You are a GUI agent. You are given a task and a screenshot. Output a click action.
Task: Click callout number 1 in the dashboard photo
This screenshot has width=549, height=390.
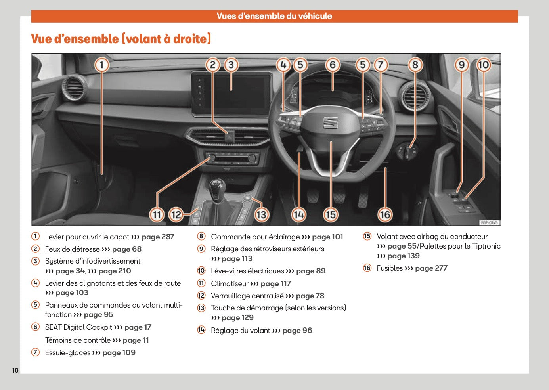tap(102, 65)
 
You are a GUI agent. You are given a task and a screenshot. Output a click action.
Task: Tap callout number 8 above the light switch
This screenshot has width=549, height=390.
tap(415, 65)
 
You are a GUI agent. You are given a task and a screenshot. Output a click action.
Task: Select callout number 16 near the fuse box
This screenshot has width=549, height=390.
tap(385, 214)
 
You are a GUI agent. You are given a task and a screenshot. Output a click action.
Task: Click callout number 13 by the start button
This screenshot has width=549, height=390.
tap(261, 214)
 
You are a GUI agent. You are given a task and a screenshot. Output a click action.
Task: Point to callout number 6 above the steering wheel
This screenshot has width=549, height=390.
tap(333, 65)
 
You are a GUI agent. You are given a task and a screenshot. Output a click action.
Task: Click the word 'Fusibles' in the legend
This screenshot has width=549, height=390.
tap(389, 268)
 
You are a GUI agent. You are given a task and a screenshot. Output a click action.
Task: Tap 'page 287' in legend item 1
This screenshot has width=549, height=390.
tap(158, 237)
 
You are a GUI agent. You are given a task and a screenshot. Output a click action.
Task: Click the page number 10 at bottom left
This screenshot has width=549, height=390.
tap(15, 370)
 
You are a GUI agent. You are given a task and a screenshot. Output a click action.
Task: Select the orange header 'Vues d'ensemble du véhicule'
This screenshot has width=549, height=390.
tap(274, 16)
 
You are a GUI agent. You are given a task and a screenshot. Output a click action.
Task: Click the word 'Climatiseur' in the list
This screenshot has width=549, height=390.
tap(230, 284)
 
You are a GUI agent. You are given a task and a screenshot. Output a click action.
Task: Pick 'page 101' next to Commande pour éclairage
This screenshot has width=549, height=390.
tap(327, 237)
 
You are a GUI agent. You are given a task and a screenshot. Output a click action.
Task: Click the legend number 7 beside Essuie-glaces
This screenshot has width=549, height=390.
tap(36, 352)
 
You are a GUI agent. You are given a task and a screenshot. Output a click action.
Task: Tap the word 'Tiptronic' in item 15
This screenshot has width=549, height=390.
tap(486, 246)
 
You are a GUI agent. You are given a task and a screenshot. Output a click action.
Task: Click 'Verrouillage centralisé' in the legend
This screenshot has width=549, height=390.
tap(247, 296)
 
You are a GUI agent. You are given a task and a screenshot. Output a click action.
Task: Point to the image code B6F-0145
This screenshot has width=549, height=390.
tap(489, 223)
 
